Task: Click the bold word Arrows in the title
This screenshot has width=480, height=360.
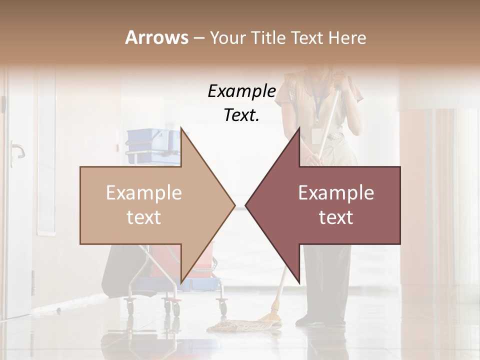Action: [x=156, y=37]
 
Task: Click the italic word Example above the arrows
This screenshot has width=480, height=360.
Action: [x=241, y=91]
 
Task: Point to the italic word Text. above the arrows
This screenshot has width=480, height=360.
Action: [x=241, y=115]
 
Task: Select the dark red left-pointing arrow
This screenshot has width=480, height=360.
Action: [x=335, y=205]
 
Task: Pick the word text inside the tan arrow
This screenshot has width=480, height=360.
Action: [x=143, y=217]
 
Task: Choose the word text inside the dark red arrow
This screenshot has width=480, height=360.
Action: [x=336, y=217]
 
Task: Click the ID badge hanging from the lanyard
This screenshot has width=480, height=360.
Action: [x=315, y=135]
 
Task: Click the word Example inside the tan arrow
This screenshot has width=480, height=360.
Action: [x=143, y=193]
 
